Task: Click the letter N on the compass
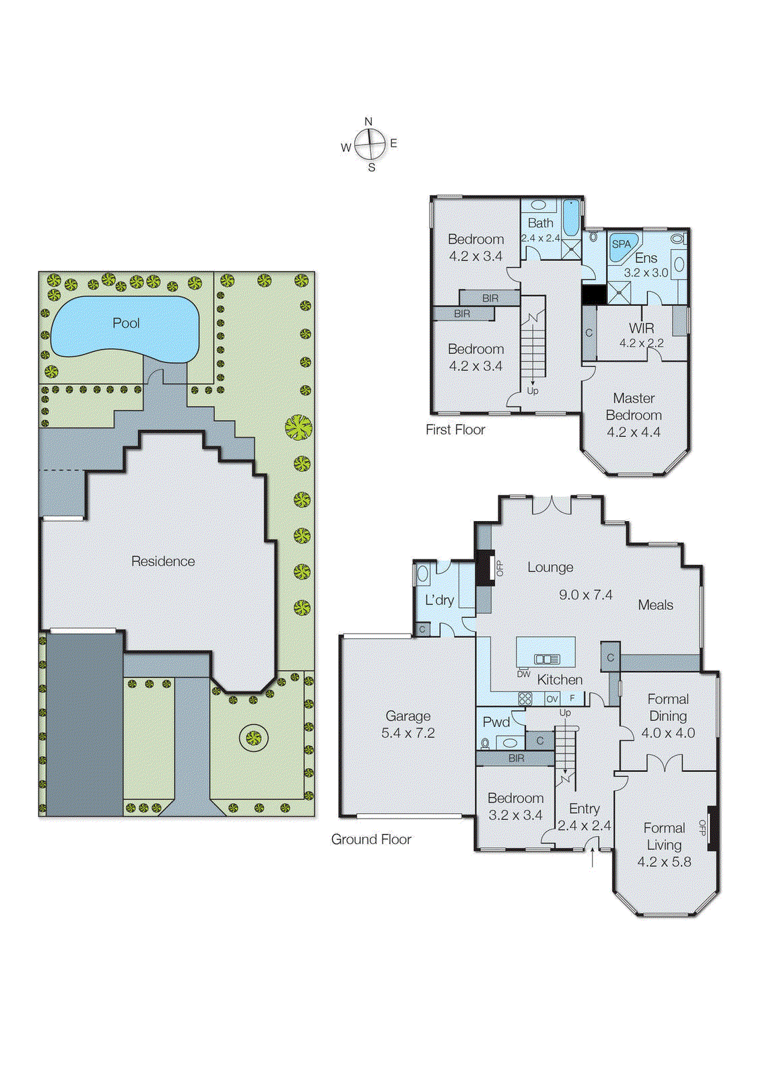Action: click(x=368, y=121)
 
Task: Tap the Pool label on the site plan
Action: click(x=126, y=323)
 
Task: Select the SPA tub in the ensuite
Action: click(x=622, y=245)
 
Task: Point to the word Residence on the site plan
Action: click(x=163, y=561)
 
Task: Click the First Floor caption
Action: click(x=455, y=429)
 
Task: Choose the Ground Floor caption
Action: click(x=371, y=839)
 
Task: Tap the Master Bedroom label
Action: click(x=634, y=407)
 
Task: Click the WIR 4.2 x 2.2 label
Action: click(x=641, y=335)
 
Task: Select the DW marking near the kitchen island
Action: click(x=523, y=674)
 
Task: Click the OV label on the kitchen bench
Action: click(x=552, y=699)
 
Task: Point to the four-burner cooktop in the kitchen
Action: click(x=525, y=699)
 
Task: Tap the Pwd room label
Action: click(x=496, y=722)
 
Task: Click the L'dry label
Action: click(x=439, y=600)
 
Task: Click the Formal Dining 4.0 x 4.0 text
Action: click(x=668, y=716)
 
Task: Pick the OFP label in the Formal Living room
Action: click(x=702, y=827)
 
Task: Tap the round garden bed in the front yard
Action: click(x=253, y=738)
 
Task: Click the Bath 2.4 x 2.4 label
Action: click(x=541, y=230)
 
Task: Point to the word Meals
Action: click(x=655, y=605)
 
